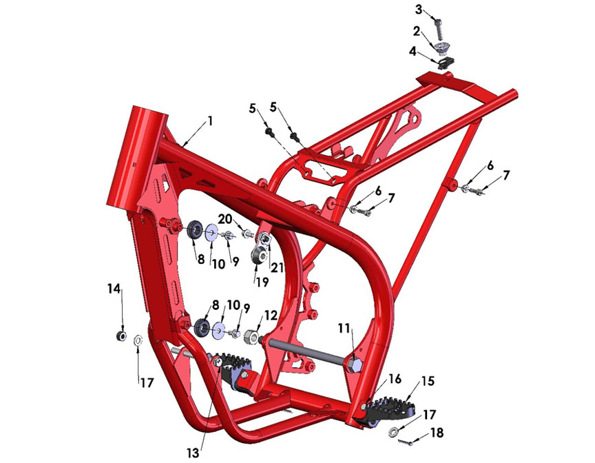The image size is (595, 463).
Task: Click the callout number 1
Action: [210, 121]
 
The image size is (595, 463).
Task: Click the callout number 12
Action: [270, 316]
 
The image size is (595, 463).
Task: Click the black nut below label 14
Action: [121, 336]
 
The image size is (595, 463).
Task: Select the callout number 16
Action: [395, 379]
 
